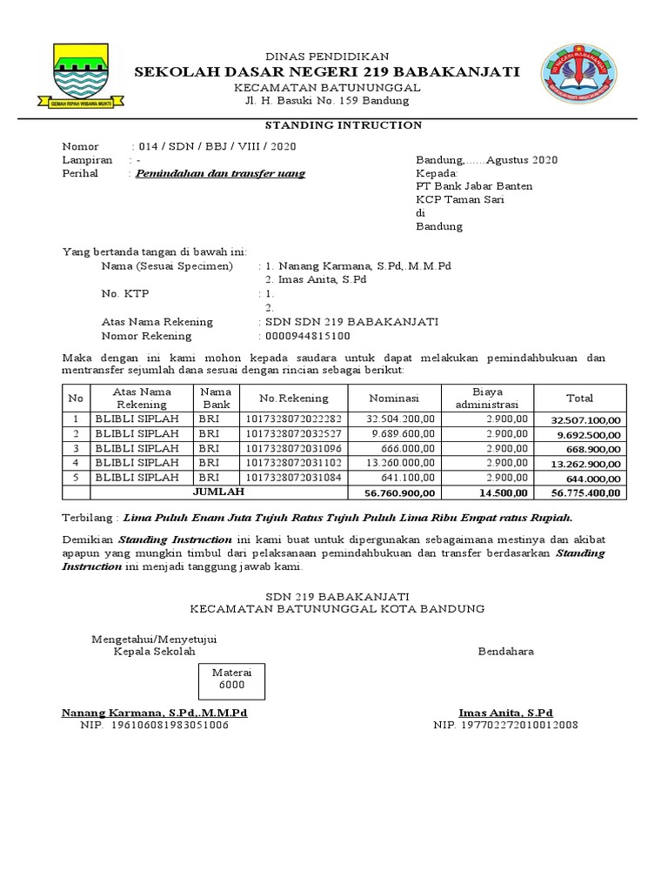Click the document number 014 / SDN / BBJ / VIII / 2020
tap(217, 146)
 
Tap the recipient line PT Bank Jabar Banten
tap(475, 186)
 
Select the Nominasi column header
tap(394, 399)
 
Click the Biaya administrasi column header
tap(487, 399)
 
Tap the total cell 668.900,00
tap(590, 449)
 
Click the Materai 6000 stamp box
tap(232, 678)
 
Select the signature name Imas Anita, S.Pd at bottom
tap(505, 712)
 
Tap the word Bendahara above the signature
tap(505, 652)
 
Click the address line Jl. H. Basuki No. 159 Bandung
tap(327, 101)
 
